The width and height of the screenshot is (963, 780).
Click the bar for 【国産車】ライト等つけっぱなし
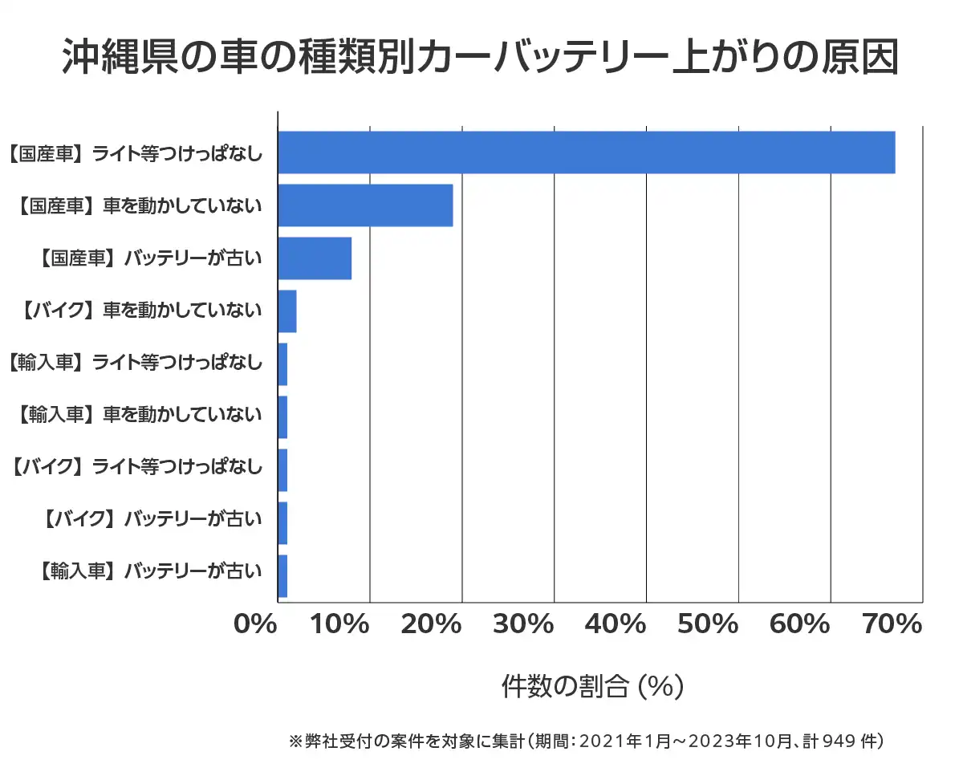coord(586,152)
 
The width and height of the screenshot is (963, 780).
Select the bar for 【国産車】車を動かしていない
coord(365,205)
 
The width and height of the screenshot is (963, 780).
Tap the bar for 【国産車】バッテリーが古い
coord(315,258)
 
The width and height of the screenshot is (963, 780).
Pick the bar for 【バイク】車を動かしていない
coord(287,311)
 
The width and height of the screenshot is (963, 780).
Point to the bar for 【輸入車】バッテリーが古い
coord(282,576)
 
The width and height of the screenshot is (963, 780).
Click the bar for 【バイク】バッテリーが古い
coord(282,523)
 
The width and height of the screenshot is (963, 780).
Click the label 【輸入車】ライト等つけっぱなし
coord(135,364)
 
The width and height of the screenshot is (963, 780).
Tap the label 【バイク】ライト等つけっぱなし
coord(136,470)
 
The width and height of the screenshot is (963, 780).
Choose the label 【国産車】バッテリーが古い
coord(150,258)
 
